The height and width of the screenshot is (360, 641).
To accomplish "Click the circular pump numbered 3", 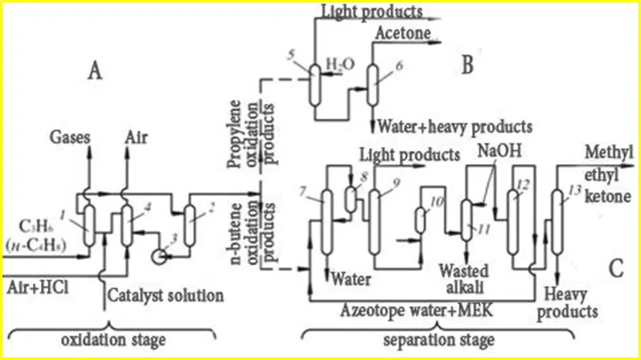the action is click(x=158, y=257).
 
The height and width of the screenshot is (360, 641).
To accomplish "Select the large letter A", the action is click(x=95, y=71).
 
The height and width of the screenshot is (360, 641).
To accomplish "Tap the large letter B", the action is click(x=467, y=65).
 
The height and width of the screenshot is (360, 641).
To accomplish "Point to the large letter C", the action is click(x=616, y=269).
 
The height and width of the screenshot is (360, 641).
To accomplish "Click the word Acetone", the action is click(x=403, y=33).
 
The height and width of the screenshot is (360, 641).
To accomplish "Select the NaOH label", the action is click(x=500, y=151).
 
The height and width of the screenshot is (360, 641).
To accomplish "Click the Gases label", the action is click(x=70, y=137).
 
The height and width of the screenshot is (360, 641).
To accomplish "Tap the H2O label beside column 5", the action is click(x=340, y=64).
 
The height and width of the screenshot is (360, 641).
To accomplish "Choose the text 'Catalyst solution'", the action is click(x=165, y=295).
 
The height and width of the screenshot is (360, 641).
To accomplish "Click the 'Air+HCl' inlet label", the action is click(x=37, y=288).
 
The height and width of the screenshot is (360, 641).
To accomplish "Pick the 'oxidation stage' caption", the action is click(x=113, y=340).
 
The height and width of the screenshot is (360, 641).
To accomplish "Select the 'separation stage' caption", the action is click(x=439, y=340).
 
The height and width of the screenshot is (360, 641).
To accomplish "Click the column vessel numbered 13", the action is click(x=556, y=222).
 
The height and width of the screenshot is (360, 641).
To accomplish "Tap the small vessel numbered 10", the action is click(x=420, y=221).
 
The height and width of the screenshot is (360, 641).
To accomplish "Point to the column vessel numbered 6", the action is click(x=372, y=85).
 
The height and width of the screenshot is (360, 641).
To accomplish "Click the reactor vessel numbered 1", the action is click(x=89, y=226).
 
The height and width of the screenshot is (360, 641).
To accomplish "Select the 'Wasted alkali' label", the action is click(x=464, y=279).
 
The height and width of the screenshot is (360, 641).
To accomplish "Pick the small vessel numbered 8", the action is click(x=350, y=199).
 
